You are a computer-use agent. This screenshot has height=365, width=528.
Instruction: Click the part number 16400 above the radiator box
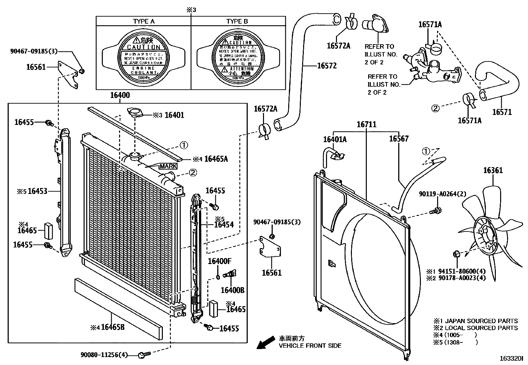tap(120, 95)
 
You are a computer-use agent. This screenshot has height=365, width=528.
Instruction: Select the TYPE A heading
tap(144, 21)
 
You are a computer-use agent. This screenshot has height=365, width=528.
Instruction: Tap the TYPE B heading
tap(237, 21)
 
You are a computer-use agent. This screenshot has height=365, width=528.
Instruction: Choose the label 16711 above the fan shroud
tap(366, 125)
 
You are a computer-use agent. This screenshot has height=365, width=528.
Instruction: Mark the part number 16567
tap(399, 139)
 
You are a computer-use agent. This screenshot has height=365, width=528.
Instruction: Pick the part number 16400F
tap(219, 261)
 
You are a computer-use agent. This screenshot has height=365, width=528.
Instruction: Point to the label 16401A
tap(335, 139)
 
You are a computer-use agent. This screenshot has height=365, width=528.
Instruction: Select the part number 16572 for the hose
tap(327, 66)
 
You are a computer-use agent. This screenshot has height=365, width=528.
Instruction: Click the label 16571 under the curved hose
tap(502, 112)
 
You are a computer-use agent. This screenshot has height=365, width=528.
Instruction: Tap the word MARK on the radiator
tap(168, 166)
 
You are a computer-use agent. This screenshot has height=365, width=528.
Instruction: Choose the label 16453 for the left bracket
tap(37, 191)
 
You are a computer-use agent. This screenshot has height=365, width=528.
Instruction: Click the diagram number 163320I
tap(511, 359)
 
